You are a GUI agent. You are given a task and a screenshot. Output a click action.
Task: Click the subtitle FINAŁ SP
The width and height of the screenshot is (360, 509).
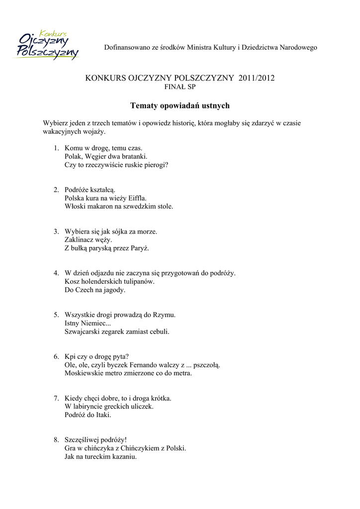tap(180, 87)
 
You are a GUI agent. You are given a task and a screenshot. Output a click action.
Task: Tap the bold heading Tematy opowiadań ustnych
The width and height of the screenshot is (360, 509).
tap(180, 105)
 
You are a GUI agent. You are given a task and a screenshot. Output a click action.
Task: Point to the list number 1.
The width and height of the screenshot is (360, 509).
tap(56, 148)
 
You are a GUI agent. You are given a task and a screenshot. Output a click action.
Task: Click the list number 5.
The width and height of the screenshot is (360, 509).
tap(56, 315)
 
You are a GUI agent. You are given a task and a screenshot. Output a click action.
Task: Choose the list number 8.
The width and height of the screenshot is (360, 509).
tap(56, 440)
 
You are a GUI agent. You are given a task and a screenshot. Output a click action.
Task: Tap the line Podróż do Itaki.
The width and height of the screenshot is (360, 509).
tap(88, 415)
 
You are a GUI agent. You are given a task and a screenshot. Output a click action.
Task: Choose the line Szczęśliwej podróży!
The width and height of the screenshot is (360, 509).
tap(95, 440)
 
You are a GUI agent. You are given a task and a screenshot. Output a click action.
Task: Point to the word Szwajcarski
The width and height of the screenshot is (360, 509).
tap(83, 332)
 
